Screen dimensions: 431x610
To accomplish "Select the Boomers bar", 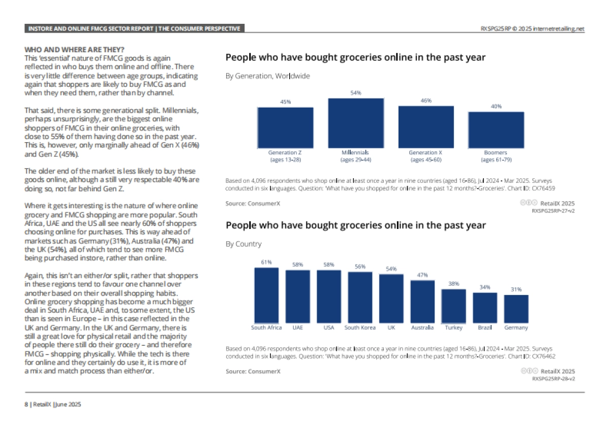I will click(496, 129).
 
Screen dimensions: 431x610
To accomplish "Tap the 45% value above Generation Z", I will click(286, 102).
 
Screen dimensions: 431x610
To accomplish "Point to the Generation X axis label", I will click(426, 152).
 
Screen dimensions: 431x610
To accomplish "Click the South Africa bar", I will click(266, 294).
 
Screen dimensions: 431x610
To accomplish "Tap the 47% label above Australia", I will click(422, 275).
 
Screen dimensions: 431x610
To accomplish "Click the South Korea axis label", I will click(360, 328).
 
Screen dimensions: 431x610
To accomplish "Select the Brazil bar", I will click(485, 307).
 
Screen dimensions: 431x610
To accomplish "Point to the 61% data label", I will click(266, 262).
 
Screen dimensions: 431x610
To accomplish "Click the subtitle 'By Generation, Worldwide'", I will click(267, 76).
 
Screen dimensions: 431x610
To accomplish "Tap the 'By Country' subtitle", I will click(243, 244).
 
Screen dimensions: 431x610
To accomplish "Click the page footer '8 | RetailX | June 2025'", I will click(53, 405).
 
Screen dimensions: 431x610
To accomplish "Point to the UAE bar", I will click(297, 296).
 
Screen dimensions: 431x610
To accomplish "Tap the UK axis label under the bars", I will click(391, 328).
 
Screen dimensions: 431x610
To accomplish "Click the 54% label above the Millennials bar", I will click(355, 93).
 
